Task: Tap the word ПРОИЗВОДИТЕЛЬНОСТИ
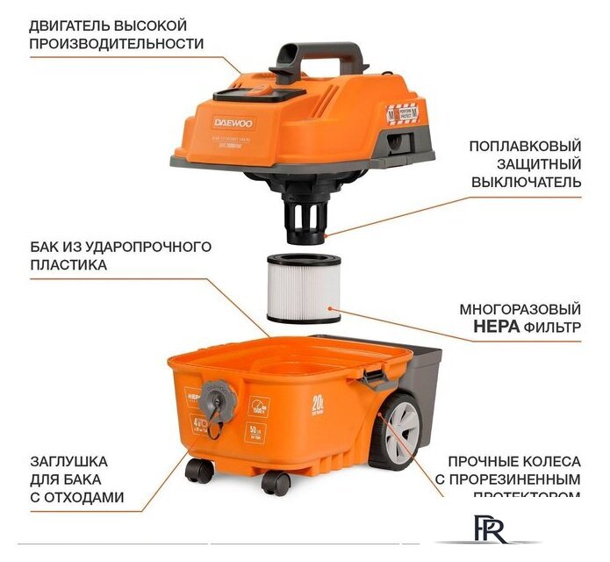[x=118, y=43]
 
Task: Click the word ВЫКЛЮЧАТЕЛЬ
[x=525, y=183]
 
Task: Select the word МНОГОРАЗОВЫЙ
[x=520, y=310]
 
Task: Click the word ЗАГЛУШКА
[x=68, y=460]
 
